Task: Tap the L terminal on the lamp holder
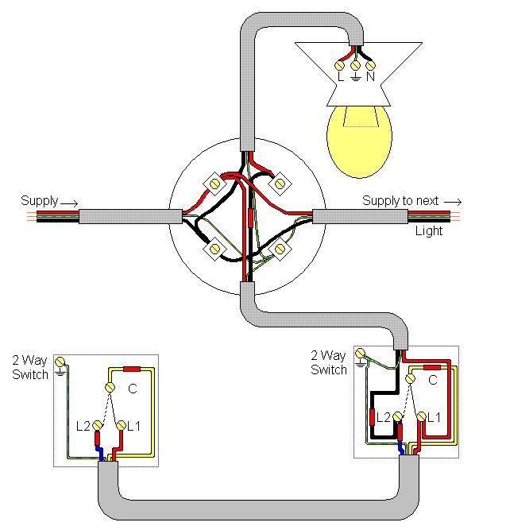point(339,66)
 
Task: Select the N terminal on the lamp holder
point(370,65)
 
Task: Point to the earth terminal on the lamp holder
point(355,65)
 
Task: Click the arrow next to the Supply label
point(69,203)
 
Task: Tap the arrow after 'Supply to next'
point(453,202)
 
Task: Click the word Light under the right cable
point(429,231)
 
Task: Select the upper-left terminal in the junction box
point(214,184)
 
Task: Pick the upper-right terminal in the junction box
point(280,184)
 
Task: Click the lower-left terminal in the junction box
point(214,250)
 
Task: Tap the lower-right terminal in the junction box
point(280,250)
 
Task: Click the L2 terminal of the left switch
point(98,425)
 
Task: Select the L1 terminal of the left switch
point(121,425)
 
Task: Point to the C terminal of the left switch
point(110,387)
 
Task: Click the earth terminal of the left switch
point(60,362)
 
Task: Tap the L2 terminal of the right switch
point(398,416)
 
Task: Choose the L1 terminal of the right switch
point(422,416)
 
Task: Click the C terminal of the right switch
point(411,378)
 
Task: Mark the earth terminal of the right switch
point(361,354)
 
